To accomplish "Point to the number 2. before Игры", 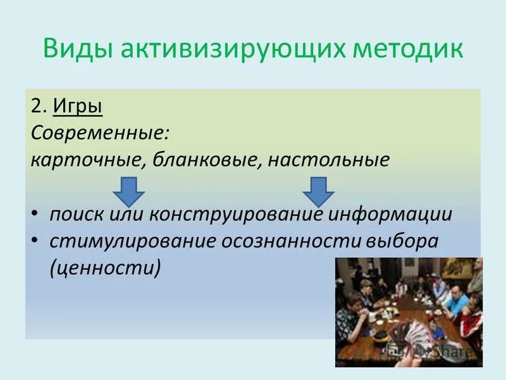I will click(38, 105).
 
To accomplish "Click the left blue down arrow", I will click(129, 191).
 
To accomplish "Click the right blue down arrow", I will click(318, 191).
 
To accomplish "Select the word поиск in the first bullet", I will click(73, 214).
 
